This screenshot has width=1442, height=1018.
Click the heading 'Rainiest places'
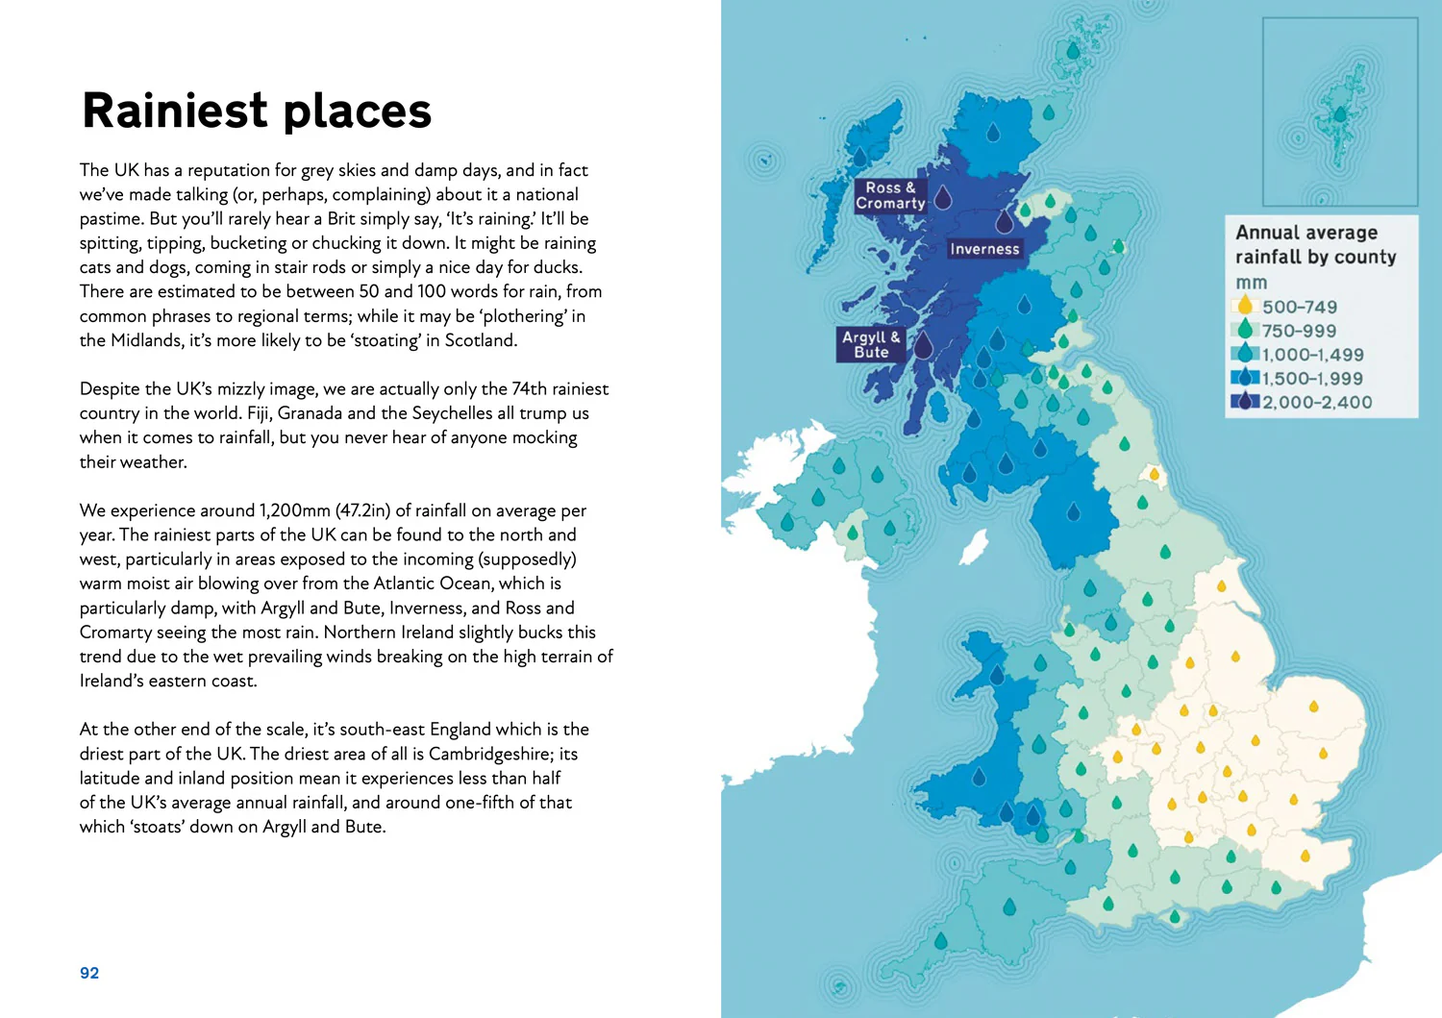tap(257, 111)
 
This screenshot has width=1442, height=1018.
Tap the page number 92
tap(89, 973)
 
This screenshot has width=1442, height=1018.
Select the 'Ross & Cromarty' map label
tap(890, 195)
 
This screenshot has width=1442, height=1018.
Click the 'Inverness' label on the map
tap(984, 249)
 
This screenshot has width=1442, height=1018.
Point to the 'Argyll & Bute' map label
tap(871, 344)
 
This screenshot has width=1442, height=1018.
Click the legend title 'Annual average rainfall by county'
tap(1315, 244)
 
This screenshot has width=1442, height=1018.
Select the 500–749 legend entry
tap(1299, 307)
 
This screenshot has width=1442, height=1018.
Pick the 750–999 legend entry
tap(1298, 331)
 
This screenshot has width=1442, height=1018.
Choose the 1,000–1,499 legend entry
tap(1311, 355)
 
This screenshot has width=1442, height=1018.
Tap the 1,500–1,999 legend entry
tap(1311, 379)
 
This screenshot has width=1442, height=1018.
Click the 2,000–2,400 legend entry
tap(1316, 403)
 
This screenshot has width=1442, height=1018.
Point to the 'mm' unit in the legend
tap(1251, 283)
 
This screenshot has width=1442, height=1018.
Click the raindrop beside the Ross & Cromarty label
tap(943, 197)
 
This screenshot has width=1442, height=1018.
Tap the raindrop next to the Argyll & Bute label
tap(923, 345)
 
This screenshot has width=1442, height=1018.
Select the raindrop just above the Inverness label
tap(1005, 221)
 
